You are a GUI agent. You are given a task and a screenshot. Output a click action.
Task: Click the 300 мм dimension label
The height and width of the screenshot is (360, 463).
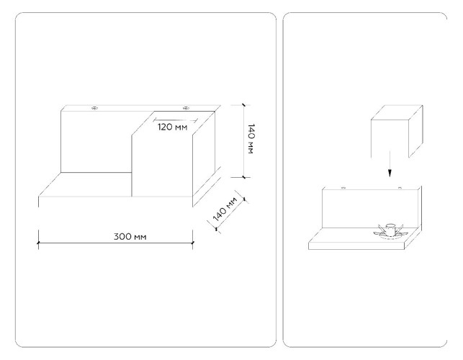coord(130,237)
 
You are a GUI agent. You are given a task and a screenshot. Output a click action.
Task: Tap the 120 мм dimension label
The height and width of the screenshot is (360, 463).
coord(172,127)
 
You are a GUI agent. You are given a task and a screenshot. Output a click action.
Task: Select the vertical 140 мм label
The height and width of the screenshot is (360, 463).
coord(251,138)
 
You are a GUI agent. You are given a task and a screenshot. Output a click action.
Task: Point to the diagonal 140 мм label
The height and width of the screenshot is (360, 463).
coord(225,209)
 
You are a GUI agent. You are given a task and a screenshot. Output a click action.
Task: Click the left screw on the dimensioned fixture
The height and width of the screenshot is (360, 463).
coord(94,108)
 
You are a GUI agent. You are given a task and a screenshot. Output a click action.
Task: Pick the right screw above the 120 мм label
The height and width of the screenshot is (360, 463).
coord(186,108)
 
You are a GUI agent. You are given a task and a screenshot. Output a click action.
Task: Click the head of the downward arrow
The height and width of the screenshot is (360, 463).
coord(390,173)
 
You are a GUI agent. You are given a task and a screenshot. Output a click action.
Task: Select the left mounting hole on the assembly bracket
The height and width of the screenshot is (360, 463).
coord(343,187)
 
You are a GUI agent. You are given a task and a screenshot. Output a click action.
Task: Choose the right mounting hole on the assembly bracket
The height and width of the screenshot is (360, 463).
coord(400,187)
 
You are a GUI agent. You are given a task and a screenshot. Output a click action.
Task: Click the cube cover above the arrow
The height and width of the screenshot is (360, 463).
coord(397,130)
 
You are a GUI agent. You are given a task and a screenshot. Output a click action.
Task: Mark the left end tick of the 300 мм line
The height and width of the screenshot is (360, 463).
coord(38,243)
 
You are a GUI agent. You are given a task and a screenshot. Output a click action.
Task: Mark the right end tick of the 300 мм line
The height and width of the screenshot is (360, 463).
coord(192,243)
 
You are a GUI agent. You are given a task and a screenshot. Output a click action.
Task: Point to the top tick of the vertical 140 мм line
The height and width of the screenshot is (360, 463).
coord(243,105)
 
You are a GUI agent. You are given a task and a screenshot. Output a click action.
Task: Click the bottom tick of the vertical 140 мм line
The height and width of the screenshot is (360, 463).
coord(243,177)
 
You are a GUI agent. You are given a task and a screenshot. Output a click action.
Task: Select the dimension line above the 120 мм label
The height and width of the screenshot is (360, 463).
coord(176,120)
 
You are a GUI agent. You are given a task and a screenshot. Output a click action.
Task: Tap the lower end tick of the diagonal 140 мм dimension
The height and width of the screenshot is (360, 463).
coord(217,229)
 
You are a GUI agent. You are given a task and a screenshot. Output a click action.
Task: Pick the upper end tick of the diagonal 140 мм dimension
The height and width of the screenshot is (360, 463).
coord(245,199)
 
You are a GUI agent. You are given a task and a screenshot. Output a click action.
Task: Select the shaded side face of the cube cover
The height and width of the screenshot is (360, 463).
coord(415,131)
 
